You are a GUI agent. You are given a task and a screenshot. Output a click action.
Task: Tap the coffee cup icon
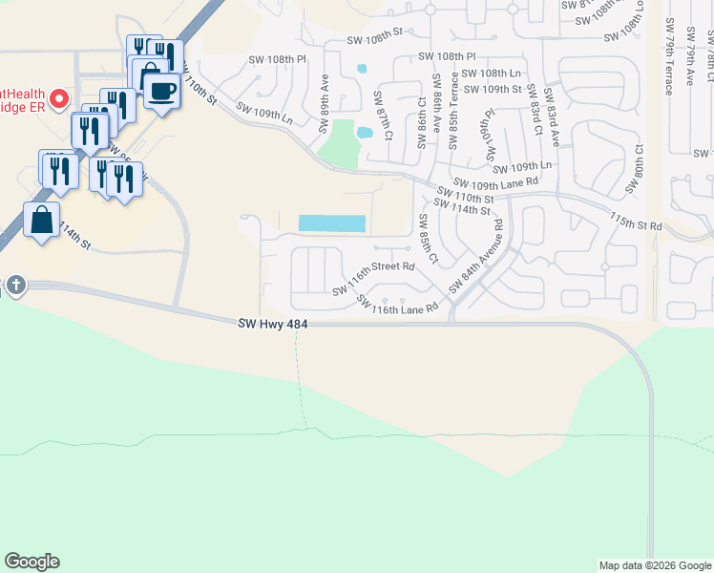click(162, 92)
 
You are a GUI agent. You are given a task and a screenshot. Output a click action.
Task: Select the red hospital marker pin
click(59, 98)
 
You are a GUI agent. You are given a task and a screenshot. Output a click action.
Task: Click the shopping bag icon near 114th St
click(42, 221)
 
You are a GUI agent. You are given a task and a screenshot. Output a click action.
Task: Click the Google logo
click(31, 562)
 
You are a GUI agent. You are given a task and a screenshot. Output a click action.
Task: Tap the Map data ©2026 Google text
click(654, 565)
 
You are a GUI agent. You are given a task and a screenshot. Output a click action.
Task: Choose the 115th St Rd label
click(636, 222)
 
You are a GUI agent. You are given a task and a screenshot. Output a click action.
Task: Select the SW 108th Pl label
click(277, 59)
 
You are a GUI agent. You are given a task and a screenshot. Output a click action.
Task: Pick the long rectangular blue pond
click(332, 223)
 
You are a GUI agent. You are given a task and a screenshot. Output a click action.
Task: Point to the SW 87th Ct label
click(381, 116)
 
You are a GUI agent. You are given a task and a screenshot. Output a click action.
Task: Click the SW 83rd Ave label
click(551, 118)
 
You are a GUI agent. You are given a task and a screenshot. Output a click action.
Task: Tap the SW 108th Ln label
click(491, 73)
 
